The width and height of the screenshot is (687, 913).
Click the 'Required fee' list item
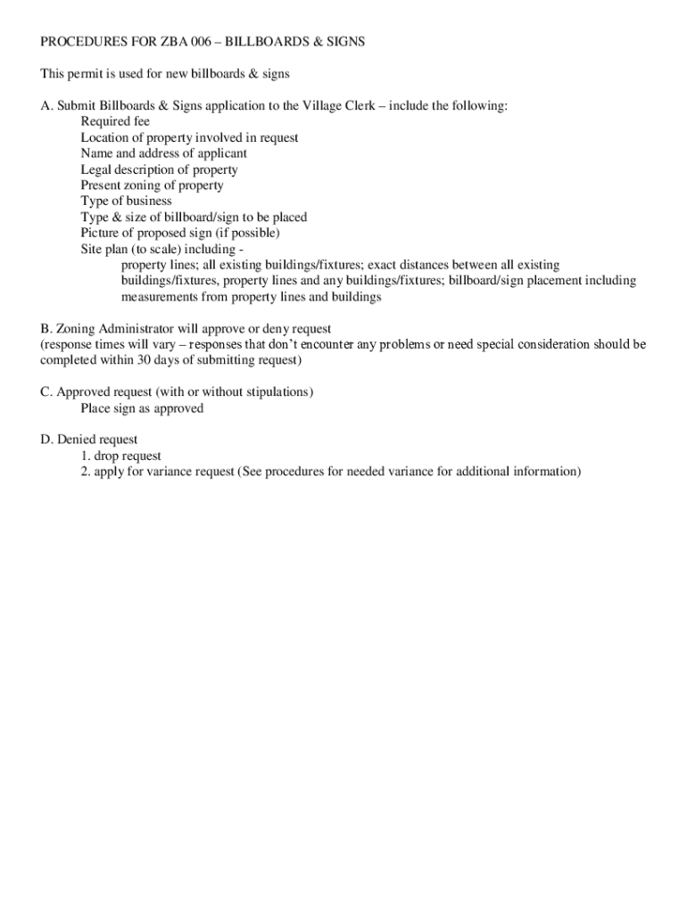coord(115,122)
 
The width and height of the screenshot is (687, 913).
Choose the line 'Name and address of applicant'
coord(163,154)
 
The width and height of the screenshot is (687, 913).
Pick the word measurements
coord(159,298)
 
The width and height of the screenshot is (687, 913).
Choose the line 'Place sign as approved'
coord(142,409)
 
